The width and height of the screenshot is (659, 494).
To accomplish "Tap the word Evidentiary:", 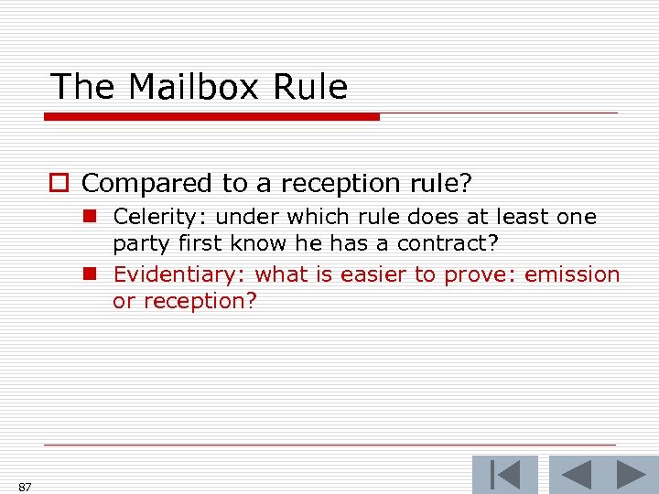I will click(179, 274).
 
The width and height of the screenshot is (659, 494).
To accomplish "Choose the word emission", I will click(573, 274).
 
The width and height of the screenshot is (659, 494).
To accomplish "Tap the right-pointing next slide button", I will click(631, 476).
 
